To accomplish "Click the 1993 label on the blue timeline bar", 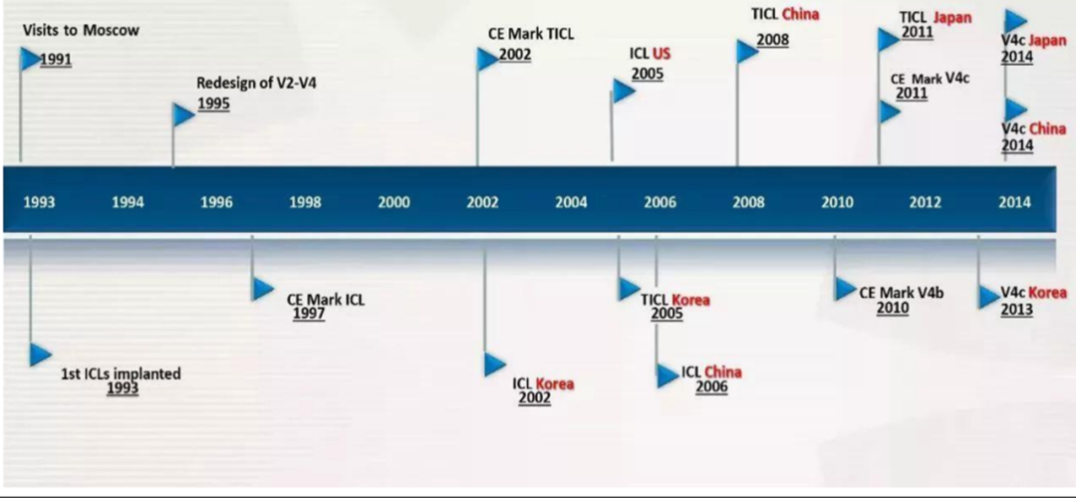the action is pos(39,202).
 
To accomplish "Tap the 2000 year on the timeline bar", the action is pos(394,202).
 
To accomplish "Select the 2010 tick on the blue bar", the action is pos(837,202).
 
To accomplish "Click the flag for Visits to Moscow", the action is pos(31,59).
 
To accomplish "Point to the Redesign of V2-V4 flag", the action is pos(183,115).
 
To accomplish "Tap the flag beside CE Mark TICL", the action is pos(488,59).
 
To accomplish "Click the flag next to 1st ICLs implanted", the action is pos(41,355).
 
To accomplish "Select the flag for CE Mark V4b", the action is pos(846,289).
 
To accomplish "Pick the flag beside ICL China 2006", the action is pos(668,375).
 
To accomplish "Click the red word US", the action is pos(662,54).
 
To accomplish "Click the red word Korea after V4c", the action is pos(1047,293).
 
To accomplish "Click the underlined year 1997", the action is pos(309,314).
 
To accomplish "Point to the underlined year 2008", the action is pos(773,40).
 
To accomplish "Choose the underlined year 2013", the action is pos(1017,310).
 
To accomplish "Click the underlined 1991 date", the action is pos(56,60).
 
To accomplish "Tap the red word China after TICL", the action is pos(801,14).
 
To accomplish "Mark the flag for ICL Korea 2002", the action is pos(495,365).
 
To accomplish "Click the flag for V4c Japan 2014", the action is pos(1016,21).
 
